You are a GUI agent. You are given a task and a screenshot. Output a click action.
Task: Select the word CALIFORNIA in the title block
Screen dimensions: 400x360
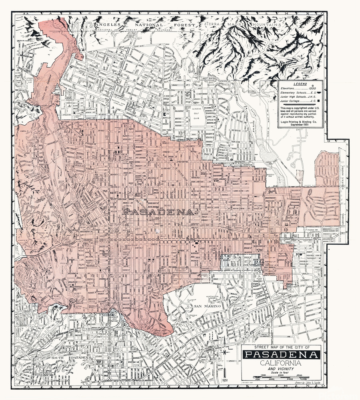pyautogui.click(x=282, y=363)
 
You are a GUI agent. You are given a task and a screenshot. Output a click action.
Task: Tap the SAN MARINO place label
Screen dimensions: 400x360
pyautogui.click(x=207, y=306)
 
